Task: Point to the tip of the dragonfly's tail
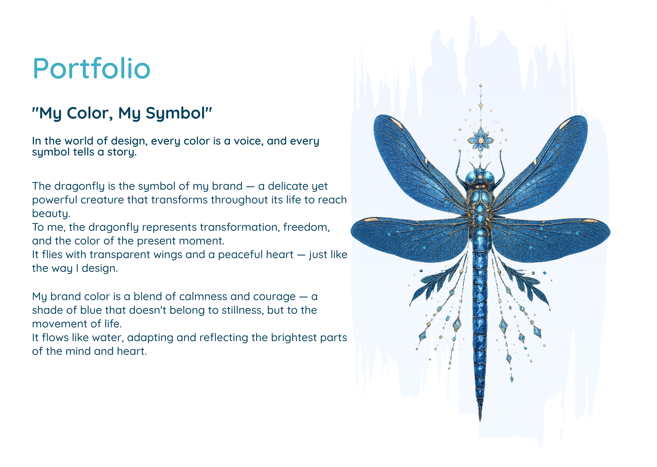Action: (480, 420)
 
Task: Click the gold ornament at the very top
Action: (480, 86)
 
